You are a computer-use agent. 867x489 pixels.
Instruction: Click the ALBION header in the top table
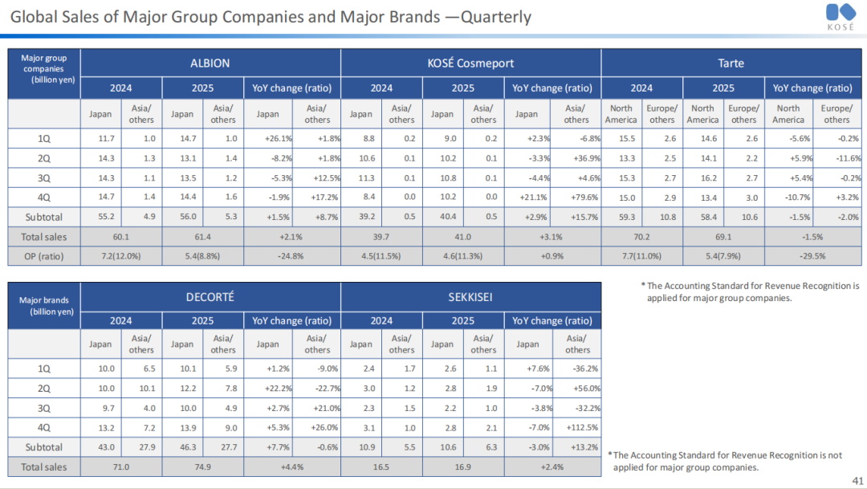click(x=210, y=63)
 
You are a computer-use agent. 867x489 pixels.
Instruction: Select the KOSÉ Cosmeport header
click(x=470, y=63)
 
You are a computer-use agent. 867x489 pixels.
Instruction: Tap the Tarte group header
click(x=731, y=63)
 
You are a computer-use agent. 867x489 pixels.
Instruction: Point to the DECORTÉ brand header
click(x=210, y=296)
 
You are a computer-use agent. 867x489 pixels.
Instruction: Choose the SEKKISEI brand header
click(x=470, y=296)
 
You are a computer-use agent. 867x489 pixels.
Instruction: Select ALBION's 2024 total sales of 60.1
click(x=121, y=236)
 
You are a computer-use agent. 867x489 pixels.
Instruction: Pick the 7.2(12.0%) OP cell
click(x=121, y=255)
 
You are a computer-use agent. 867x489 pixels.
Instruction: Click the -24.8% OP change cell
click(x=291, y=255)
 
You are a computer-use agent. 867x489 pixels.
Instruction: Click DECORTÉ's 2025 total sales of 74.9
click(x=202, y=467)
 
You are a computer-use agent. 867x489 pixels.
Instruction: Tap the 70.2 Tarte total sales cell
click(x=641, y=236)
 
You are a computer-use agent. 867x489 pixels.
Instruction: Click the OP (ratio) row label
click(x=44, y=255)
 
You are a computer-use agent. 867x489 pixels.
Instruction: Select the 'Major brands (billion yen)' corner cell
click(x=44, y=306)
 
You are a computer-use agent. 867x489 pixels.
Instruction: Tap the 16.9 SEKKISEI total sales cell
click(x=462, y=467)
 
